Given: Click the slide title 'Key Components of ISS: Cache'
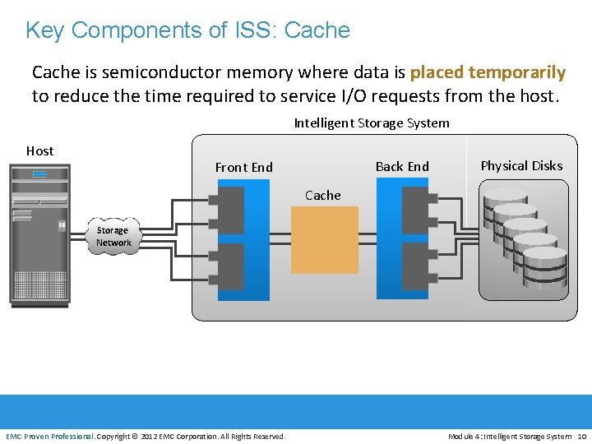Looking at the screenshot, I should [x=187, y=30].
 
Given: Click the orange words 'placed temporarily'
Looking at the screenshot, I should [x=488, y=72].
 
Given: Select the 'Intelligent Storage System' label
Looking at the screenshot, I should [x=372, y=123].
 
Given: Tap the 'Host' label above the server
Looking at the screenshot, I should [x=39, y=151].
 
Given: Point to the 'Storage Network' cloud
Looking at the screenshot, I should [x=113, y=237].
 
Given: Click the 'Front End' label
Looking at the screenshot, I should [x=243, y=168].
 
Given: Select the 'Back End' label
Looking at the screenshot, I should [x=402, y=167].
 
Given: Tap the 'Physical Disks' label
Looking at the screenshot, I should [x=521, y=166].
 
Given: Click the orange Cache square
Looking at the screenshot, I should [x=325, y=239].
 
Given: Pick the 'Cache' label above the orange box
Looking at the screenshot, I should [x=322, y=196].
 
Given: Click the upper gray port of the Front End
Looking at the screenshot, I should [x=229, y=210].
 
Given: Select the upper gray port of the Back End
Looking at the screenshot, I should [x=416, y=210].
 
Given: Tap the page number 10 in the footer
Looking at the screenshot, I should [x=581, y=436].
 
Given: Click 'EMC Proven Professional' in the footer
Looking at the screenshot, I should [x=49, y=436].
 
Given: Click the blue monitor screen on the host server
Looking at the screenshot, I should [x=39, y=174].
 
